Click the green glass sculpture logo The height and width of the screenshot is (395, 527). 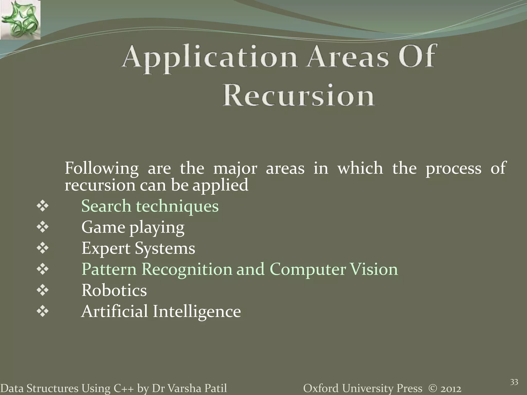coord(20,20)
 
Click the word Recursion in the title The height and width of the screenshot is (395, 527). coord(298,96)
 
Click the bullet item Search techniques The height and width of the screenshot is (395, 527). coord(150,206)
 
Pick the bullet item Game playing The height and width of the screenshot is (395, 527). coord(133,227)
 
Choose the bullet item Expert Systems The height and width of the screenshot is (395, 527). coord(138,248)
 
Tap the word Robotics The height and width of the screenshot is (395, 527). coord(114,290)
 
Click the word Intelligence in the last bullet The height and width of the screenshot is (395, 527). coord(197,311)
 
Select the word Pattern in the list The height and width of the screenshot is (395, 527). coord(109,269)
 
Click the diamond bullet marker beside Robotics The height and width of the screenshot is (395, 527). coord(43,291)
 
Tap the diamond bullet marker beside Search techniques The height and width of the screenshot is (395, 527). coord(43,207)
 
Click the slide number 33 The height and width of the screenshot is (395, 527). coord(514,382)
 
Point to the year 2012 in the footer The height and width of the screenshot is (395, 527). coord(451,389)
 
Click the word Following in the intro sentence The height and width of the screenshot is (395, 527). coord(101,169)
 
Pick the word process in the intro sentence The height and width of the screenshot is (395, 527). coord(453,169)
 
